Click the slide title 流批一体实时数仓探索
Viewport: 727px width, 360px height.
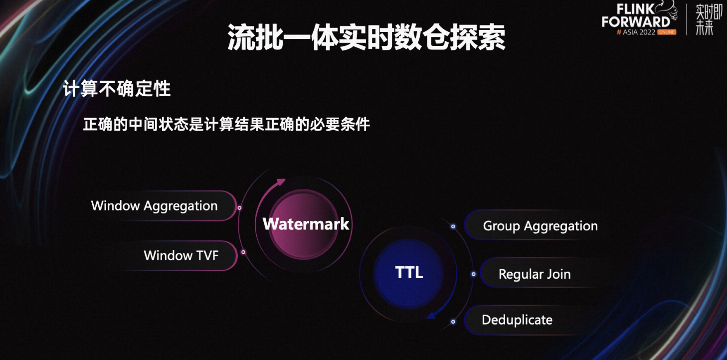click(366, 37)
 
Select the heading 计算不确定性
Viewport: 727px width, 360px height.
click(117, 88)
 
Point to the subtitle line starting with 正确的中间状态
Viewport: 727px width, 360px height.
click(226, 124)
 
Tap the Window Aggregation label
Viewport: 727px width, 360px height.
click(154, 206)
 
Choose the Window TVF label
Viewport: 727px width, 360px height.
click(181, 255)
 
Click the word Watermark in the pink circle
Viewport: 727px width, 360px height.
click(306, 224)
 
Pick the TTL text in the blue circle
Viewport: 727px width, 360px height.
click(409, 272)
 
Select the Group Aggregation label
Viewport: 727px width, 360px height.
click(540, 226)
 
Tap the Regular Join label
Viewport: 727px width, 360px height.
click(535, 274)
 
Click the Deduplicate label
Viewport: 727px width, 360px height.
click(517, 320)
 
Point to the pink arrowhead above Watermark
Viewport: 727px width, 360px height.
click(280, 182)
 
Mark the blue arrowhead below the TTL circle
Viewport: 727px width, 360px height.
click(431, 315)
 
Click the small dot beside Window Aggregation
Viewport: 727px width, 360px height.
click(239, 208)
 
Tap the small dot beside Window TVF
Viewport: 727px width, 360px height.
click(243, 252)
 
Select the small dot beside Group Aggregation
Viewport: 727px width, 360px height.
click(453, 226)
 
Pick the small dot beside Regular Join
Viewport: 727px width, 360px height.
click(474, 274)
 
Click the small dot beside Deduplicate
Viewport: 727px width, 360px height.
click(453, 322)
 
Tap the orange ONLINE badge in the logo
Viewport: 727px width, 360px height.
click(667, 32)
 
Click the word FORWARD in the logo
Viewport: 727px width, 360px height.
click(636, 22)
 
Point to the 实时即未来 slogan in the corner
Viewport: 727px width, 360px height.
click(708, 19)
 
